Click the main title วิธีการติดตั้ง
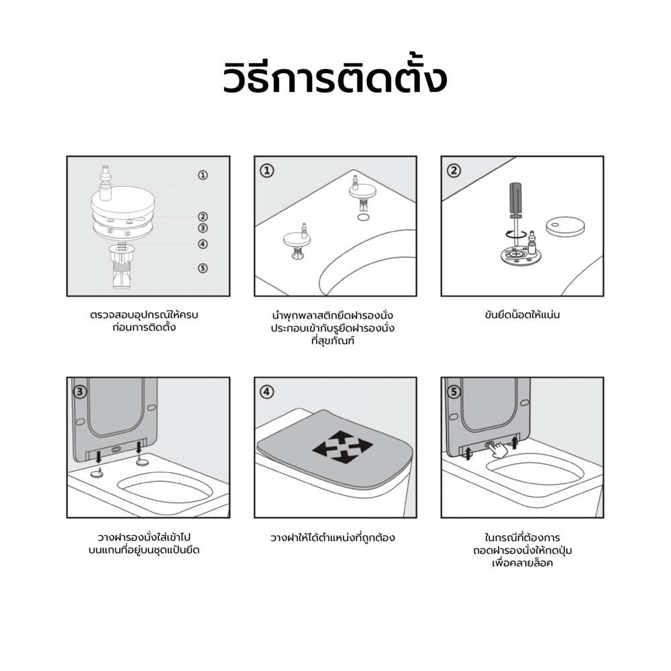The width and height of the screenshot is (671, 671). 335,78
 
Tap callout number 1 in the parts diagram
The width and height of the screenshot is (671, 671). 203,175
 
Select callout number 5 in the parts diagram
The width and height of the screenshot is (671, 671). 203,268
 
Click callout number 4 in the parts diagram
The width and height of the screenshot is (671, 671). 203,244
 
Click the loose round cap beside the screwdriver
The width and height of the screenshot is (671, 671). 565,225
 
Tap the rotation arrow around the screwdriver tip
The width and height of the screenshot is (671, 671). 515,234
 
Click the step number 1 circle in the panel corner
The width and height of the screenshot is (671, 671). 267,170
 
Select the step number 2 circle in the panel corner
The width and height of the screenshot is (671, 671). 454,170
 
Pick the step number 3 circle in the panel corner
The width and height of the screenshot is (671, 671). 80,392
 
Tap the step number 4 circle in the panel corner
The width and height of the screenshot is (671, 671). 267,392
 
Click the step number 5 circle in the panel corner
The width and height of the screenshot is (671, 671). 454,392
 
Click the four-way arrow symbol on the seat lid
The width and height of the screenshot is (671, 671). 342,447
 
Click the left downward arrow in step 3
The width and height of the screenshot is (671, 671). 99,456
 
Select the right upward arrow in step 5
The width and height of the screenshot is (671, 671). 515,442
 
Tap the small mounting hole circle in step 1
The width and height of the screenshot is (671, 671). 362,217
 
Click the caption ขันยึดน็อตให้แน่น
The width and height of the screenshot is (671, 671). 522,315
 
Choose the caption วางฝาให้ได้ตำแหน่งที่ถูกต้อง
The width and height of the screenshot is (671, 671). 333,537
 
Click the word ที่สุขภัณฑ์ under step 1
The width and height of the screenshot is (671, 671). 333,341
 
